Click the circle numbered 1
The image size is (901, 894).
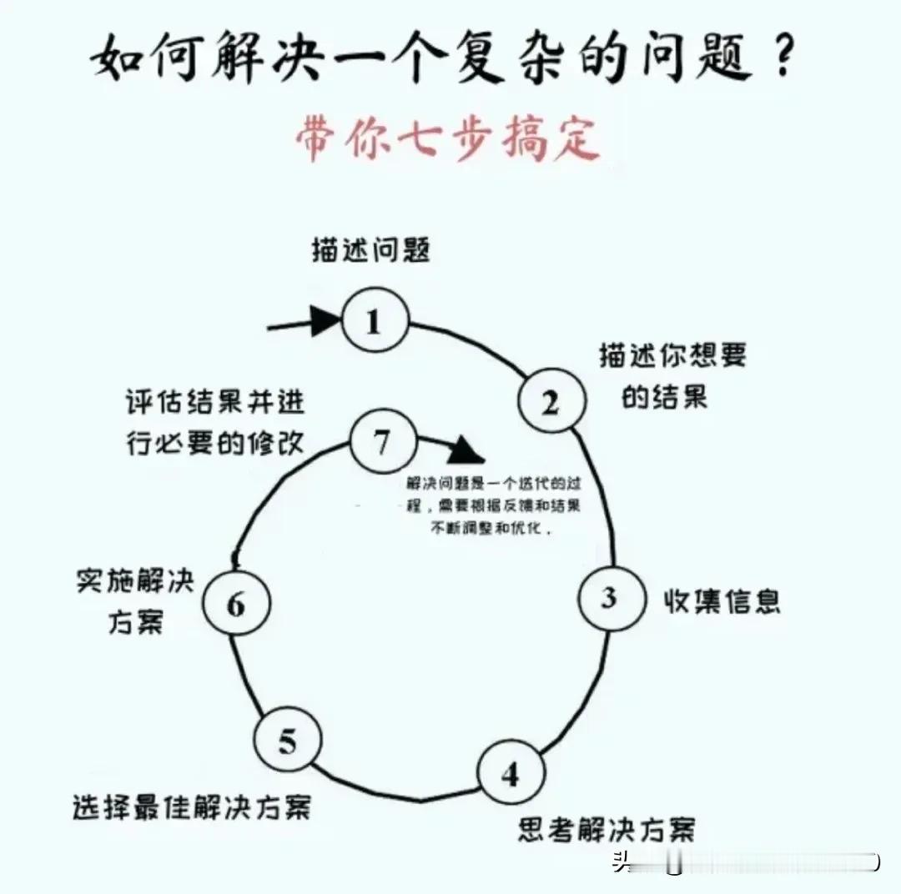(374, 321)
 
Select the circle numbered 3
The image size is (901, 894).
(610, 598)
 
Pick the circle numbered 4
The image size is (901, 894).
(511, 773)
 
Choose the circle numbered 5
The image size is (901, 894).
(287, 741)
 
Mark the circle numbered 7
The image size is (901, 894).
(381, 442)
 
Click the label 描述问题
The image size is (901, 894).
(371, 250)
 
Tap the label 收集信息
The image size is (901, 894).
(722, 600)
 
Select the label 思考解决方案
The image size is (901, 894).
(607, 829)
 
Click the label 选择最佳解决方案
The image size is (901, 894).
(191, 806)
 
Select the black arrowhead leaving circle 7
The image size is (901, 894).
(466, 451)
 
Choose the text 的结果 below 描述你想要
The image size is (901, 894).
(664, 397)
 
